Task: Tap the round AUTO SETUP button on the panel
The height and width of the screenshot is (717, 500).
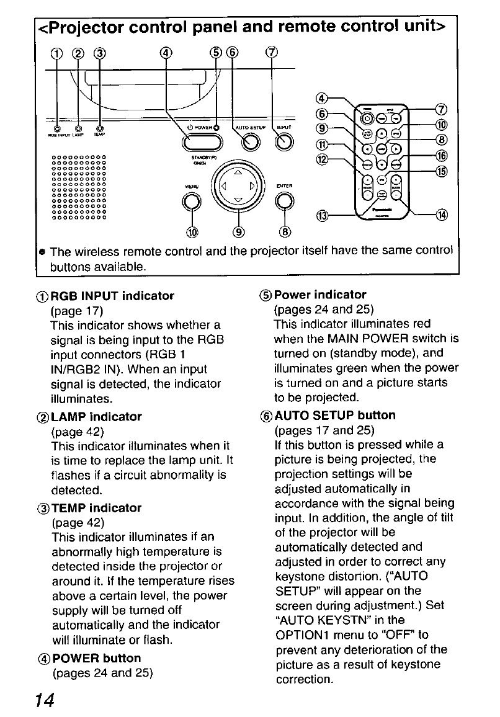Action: tap(251, 143)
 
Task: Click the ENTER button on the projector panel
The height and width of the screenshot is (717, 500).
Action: tap(284, 201)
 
